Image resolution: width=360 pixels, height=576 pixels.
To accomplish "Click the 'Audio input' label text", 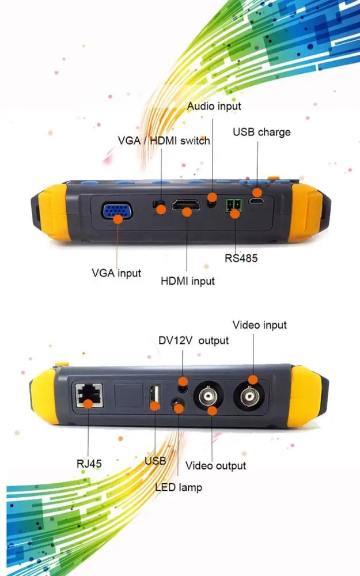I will tap(214, 106).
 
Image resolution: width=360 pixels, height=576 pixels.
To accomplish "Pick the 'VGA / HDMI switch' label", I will tap(164, 141).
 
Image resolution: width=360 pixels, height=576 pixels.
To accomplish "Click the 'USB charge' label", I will tap(262, 132).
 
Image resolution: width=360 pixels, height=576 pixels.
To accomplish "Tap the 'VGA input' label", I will tap(116, 273).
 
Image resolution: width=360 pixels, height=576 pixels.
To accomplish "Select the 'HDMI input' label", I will tap(187, 281).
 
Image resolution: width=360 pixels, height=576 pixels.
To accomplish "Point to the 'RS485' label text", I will tap(241, 258).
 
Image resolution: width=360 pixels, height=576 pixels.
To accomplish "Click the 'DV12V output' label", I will tap(194, 340).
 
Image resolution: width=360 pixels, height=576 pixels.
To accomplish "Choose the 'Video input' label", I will tap(259, 325).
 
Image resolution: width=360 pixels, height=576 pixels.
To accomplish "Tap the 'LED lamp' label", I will tap(179, 487).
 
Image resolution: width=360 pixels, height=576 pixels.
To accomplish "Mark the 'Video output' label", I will tap(215, 465).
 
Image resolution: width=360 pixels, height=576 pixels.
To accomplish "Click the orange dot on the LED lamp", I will tap(179, 408).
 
